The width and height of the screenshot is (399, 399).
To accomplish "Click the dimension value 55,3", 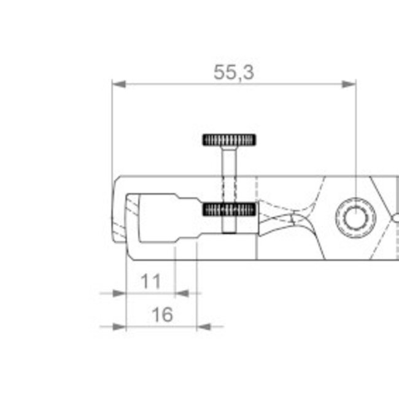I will pyautogui.click(x=233, y=72).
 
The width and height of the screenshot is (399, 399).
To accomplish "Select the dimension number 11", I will pyautogui.click(x=150, y=282).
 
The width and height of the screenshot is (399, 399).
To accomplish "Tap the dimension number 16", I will pyautogui.click(x=161, y=315).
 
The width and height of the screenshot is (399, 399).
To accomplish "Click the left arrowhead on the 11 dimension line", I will pyautogui.click(x=119, y=293).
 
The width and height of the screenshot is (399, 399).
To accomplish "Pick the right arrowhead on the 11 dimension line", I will pyautogui.click(x=182, y=293).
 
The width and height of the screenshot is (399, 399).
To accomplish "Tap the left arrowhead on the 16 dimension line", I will pyautogui.click(x=119, y=327).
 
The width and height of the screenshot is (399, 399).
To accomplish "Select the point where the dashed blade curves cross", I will pyautogui.click(x=294, y=218).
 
